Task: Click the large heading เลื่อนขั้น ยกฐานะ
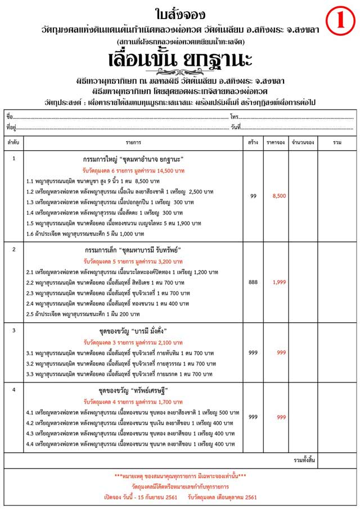tap(181, 59)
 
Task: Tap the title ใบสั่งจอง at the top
tap(181, 12)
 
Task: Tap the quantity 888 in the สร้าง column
tap(253, 282)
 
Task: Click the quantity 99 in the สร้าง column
tap(253, 196)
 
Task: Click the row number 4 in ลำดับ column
tap(13, 390)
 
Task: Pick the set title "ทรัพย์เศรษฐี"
tap(153, 390)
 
